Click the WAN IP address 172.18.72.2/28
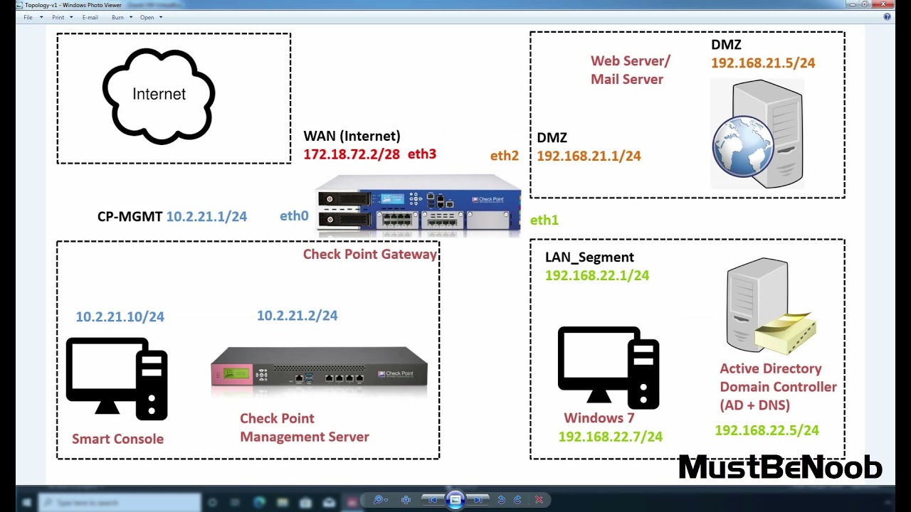tap(352, 154)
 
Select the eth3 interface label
tap(421, 154)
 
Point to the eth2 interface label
tap(504, 156)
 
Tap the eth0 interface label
tap(294, 216)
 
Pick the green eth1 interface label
tap(544, 220)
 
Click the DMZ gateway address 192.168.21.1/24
tap(589, 156)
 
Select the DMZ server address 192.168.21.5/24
tap(762, 63)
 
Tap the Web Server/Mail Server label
tap(630, 70)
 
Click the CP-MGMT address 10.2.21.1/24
tap(206, 217)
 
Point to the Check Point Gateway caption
tap(369, 255)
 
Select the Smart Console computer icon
tap(117, 376)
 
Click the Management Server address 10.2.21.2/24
tap(297, 316)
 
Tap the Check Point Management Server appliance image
tap(319, 368)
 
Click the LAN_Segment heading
tap(589, 257)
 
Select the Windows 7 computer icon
tap(609, 366)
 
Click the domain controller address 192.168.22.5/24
tap(767, 430)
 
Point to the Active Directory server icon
tap(769, 306)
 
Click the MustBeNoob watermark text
tap(780, 468)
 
